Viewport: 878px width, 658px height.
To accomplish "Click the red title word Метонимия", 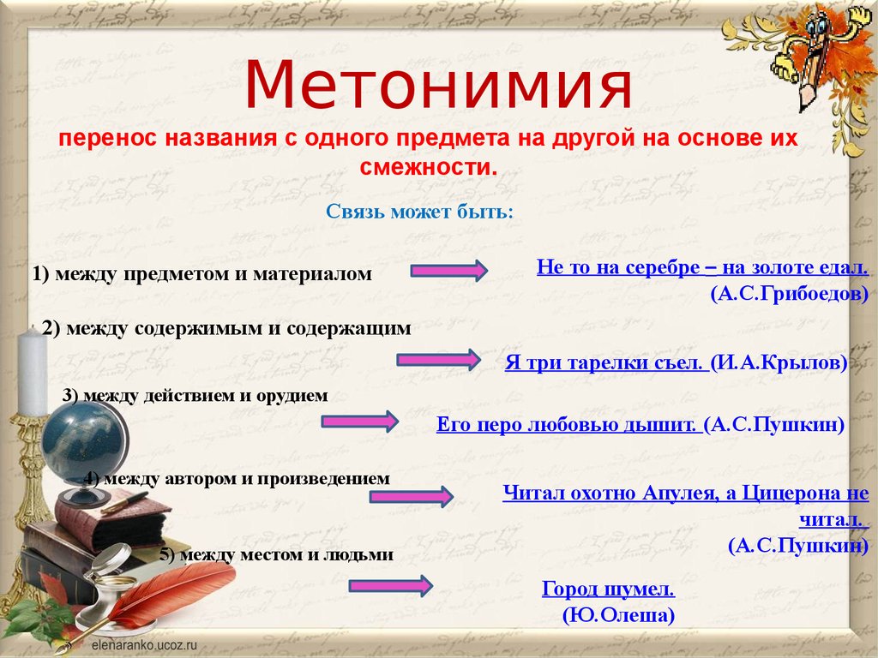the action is click(x=438, y=85).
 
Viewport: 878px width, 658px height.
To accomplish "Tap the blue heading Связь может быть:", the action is click(x=419, y=212).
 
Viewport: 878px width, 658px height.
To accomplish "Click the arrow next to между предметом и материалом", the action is click(x=449, y=271).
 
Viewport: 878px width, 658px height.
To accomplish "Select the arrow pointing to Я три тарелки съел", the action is click(x=438, y=359).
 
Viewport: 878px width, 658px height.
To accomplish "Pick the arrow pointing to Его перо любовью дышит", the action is click(x=360, y=421).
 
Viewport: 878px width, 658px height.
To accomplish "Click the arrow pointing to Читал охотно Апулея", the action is click(x=412, y=496).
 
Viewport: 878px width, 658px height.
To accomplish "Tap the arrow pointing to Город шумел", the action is click(x=391, y=586).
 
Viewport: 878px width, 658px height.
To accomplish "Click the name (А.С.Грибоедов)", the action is click(x=790, y=293).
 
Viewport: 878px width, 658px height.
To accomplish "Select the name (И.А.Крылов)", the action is click(x=779, y=362).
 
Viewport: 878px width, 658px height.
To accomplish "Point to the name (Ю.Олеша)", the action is click(x=619, y=615).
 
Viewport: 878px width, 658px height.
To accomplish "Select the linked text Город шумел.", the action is click(x=609, y=589).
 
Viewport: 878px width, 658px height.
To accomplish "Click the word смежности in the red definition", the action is click(x=429, y=167).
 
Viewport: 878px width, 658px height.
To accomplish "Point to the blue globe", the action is click(x=81, y=441).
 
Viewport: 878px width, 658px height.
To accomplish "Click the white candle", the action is click(x=33, y=372).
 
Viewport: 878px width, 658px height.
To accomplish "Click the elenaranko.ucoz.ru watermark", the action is click(x=141, y=644).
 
